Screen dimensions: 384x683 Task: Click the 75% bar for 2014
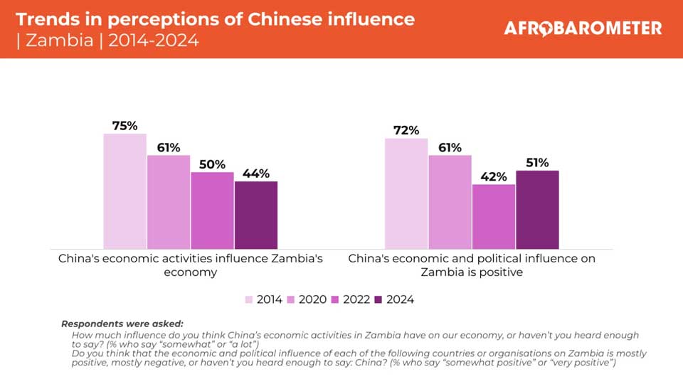click(x=125, y=191)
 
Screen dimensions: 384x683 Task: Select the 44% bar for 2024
click(x=256, y=215)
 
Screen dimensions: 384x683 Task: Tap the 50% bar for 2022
click(x=212, y=210)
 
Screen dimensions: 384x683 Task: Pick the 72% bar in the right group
click(x=406, y=193)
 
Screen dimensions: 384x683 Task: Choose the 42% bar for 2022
click(x=494, y=216)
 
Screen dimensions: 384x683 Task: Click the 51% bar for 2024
click(x=537, y=209)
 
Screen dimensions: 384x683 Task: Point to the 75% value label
click(x=125, y=126)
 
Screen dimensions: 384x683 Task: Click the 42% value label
click(x=494, y=176)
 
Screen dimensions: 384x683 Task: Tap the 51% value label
click(x=537, y=163)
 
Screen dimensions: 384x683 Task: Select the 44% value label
click(x=256, y=174)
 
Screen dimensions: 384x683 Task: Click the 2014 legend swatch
click(x=249, y=299)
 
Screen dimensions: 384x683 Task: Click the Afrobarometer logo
click(x=583, y=28)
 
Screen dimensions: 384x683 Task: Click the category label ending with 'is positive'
click(x=472, y=265)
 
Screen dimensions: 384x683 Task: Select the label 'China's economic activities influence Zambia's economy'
click(x=190, y=265)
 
